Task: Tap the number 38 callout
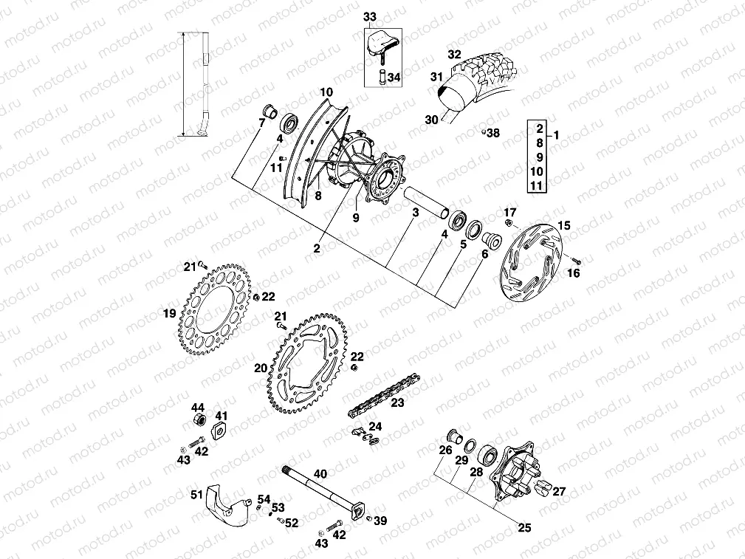point(493,134)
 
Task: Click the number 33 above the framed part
point(369,16)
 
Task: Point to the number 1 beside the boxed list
point(556,135)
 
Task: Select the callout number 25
point(525,528)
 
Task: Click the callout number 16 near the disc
point(574,273)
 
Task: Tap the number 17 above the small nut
point(509,213)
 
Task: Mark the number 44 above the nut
point(198,408)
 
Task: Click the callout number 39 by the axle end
point(380,521)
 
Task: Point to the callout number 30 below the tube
point(433,119)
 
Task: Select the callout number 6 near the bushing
point(484,254)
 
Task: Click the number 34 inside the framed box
point(394,77)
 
